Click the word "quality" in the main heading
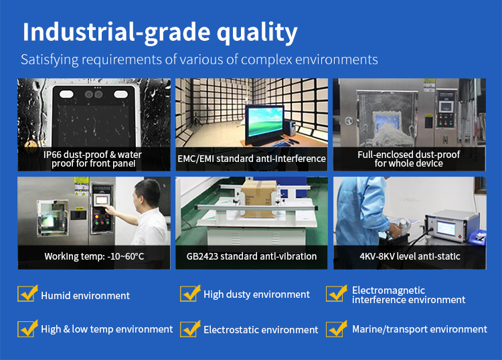(257, 33)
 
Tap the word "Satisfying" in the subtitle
(50, 60)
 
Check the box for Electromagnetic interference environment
(336, 294)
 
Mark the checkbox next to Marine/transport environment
(336, 329)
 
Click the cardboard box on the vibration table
(258, 199)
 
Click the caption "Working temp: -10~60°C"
(94, 256)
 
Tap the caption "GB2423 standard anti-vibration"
(251, 256)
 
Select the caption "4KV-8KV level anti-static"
(410, 256)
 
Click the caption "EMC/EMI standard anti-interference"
(252, 159)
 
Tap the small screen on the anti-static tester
(446, 228)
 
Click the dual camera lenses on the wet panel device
(94, 94)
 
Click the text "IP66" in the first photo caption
(52, 155)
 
